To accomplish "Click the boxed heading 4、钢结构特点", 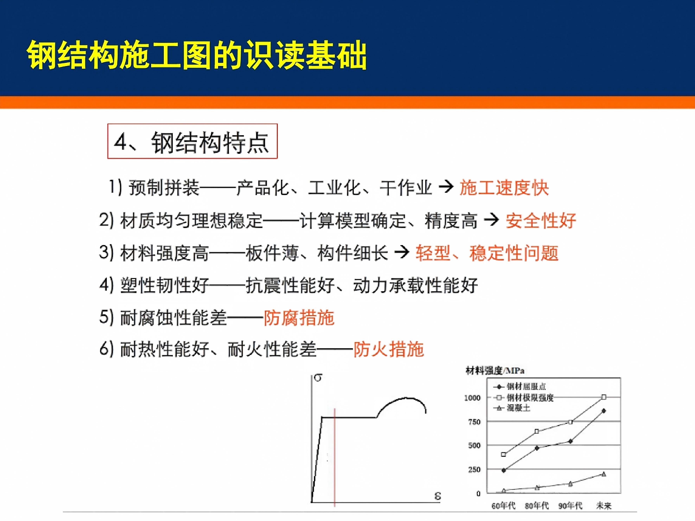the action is (x=192, y=141).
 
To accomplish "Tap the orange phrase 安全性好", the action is (x=541, y=220).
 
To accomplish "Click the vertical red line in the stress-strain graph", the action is (x=335, y=457).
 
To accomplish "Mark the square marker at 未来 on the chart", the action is (x=604, y=397).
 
